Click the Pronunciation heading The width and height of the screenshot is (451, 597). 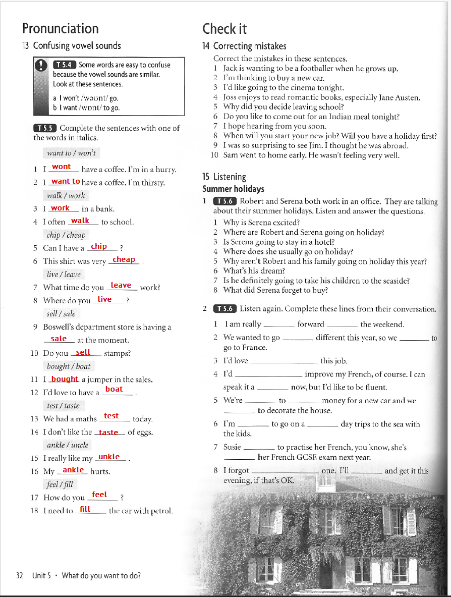click(x=61, y=28)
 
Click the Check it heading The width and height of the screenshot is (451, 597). click(x=224, y=28)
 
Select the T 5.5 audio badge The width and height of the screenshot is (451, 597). click(x=45, y=128)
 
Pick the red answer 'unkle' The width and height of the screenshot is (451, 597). click(x=109, y=457)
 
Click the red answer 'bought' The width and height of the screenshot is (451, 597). click(x=65, y=379)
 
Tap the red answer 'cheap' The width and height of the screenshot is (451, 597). click(x=124, y=259)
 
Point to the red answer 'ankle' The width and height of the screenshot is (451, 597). click(x=73, y=470)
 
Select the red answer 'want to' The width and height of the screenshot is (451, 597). click(x=66, y=181)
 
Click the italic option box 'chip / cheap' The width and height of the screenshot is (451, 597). click(x=66, y=235)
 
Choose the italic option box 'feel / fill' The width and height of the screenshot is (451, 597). click(x=60, y=484)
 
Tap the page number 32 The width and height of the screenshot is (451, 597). click(x=20, y=575)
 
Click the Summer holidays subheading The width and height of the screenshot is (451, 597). click(x=233, y=189)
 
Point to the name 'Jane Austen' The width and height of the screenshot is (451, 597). click(x=401, y=97)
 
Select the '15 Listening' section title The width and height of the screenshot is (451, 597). click(x=224, y=177)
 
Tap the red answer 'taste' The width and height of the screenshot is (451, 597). click(x=108, y=432)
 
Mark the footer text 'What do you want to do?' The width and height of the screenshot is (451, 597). click(x=101, y=575)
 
